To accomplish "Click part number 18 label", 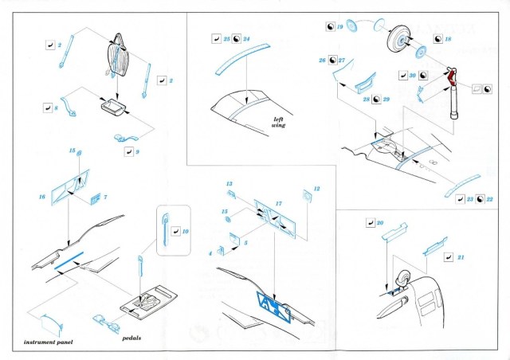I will (x=448, y=38).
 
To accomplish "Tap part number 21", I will (x=461, y=256).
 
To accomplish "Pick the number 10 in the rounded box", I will (x=186, y=231).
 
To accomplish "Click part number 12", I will (x=316, y=190).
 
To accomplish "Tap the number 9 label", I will (x=137, y=150).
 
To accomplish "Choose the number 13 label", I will (x=229, y=184).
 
